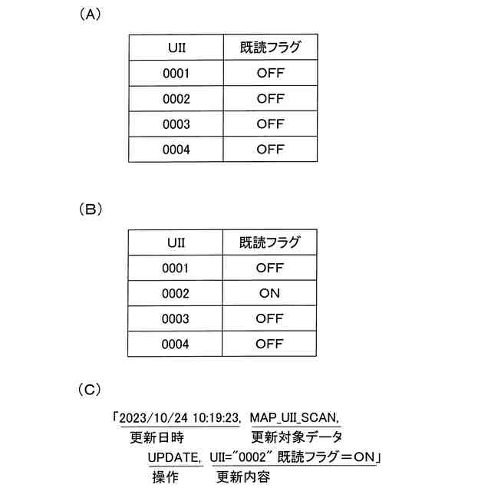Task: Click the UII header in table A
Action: tap(176, 48)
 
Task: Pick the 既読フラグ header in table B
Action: tap(270, 242)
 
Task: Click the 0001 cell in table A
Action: tap(176, 74)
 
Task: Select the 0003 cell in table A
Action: tap(176, 124)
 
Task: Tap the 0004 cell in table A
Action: tap(176, 149)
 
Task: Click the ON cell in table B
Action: tap(270, 293)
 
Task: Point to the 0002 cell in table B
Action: tap(176, 293)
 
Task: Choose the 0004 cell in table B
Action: tap(176, 344)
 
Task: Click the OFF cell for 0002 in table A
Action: tap(270, 99)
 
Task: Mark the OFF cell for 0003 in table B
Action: tap(270, 318)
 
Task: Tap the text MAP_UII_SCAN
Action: tap(295, 418)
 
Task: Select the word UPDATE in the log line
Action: tap(176, 458)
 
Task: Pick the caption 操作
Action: tap(164, 477)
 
